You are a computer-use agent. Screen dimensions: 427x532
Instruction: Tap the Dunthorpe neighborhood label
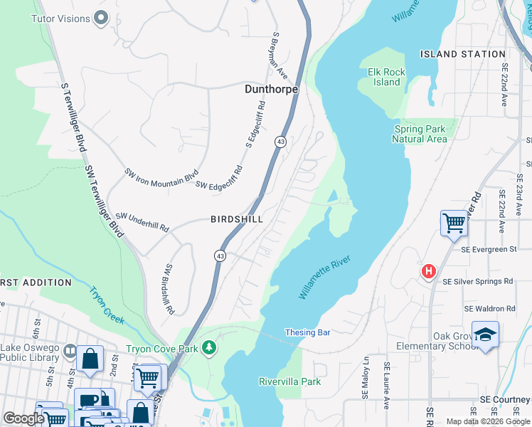271,90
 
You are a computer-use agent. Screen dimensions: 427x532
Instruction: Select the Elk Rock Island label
387,77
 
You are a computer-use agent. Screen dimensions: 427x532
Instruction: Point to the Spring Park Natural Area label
420,134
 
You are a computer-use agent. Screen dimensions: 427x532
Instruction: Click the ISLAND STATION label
462,54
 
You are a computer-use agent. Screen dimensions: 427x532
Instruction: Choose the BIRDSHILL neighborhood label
237,220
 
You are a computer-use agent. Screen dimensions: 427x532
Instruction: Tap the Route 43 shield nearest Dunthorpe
281,142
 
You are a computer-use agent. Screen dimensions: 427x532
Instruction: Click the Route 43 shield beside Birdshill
220,255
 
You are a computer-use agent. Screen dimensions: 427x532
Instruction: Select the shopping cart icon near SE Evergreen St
454,223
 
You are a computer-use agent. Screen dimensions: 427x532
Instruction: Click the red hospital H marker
428,270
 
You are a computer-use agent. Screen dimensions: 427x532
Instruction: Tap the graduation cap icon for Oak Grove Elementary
485,334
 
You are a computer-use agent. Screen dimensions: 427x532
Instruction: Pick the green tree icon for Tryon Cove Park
209,348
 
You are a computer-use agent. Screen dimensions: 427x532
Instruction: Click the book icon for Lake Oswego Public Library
70,350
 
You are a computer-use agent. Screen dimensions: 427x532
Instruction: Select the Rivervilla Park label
289,381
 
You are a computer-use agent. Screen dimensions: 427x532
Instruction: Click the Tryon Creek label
106,304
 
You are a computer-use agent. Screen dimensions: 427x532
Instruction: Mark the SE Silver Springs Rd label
477,282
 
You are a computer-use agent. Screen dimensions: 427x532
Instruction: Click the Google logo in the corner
23,418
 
